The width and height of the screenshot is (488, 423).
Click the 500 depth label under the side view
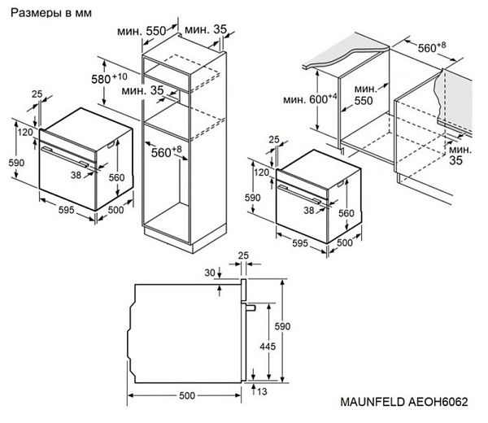click(x=186, y=396)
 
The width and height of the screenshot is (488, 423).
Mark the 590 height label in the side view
click(x=281, y=325)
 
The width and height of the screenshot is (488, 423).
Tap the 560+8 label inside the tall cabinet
click(x=166, y=151)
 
